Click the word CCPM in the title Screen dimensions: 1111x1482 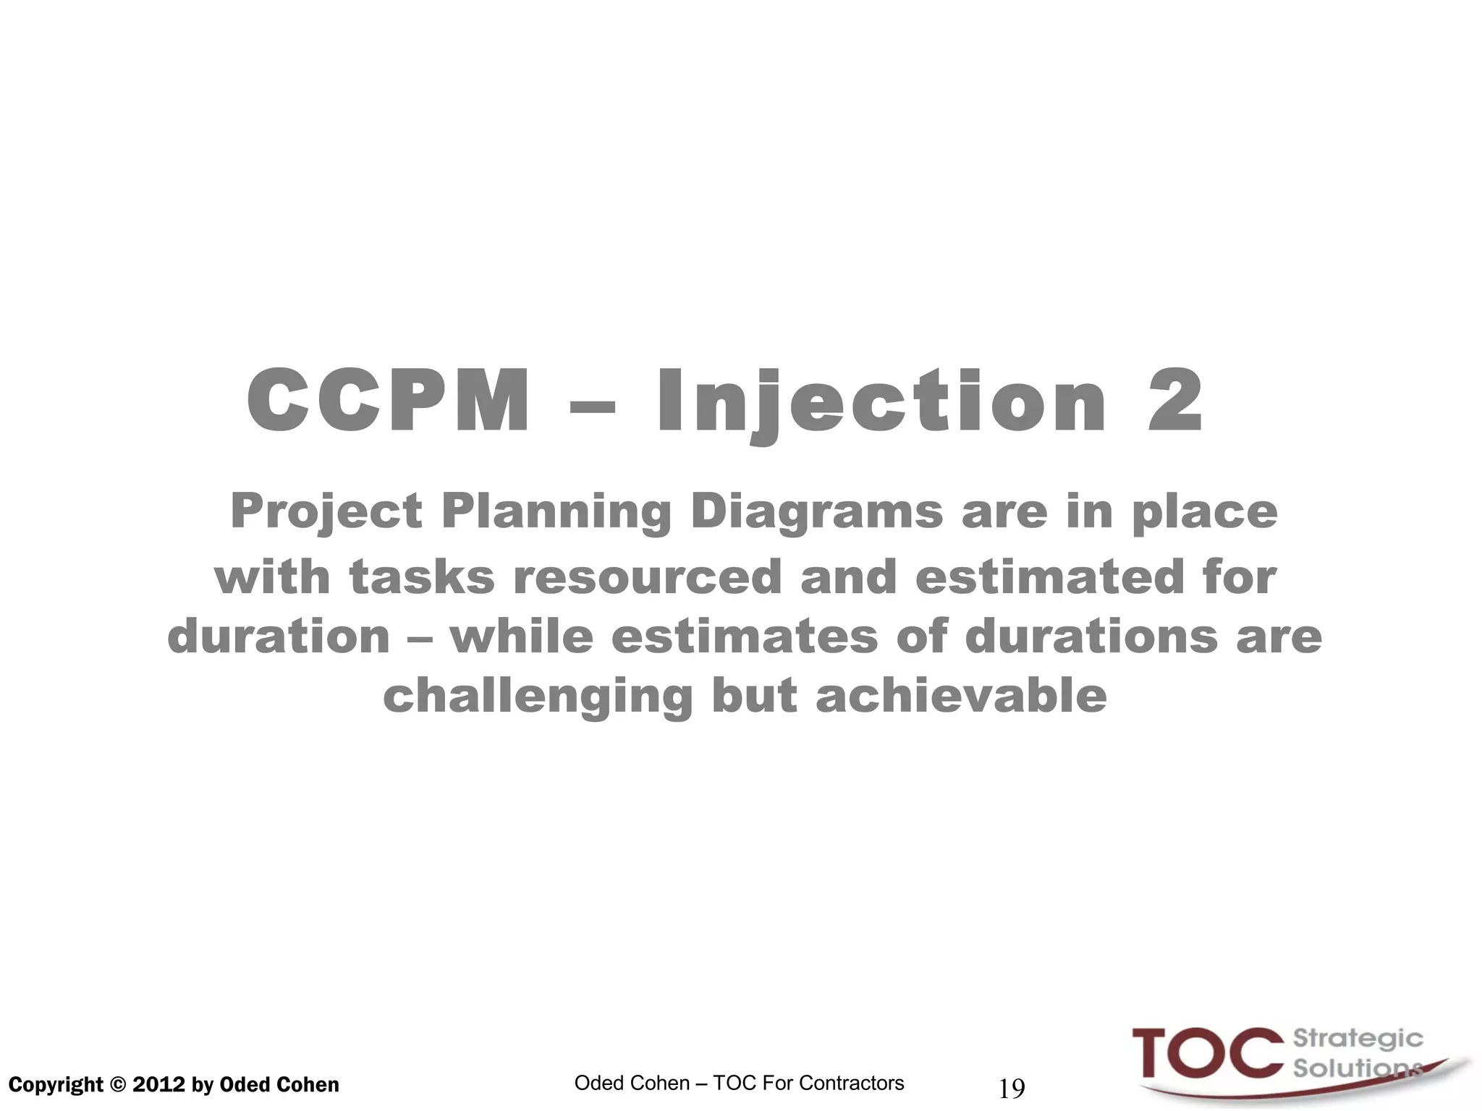pos(389,401)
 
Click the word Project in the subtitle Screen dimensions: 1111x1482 pos(326,512)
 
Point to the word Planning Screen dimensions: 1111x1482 pos(556,512)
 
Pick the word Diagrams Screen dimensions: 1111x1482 pos(817,512)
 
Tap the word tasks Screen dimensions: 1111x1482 pos(422,577)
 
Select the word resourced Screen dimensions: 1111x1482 pos(648,577)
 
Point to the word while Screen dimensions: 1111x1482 pos(521,637)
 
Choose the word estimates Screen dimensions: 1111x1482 pos(745,637)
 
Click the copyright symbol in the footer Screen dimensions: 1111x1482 pos(118,1085)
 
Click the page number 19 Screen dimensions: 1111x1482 pos(1012,1088)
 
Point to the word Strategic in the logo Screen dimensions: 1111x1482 pos(1358,1039)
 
